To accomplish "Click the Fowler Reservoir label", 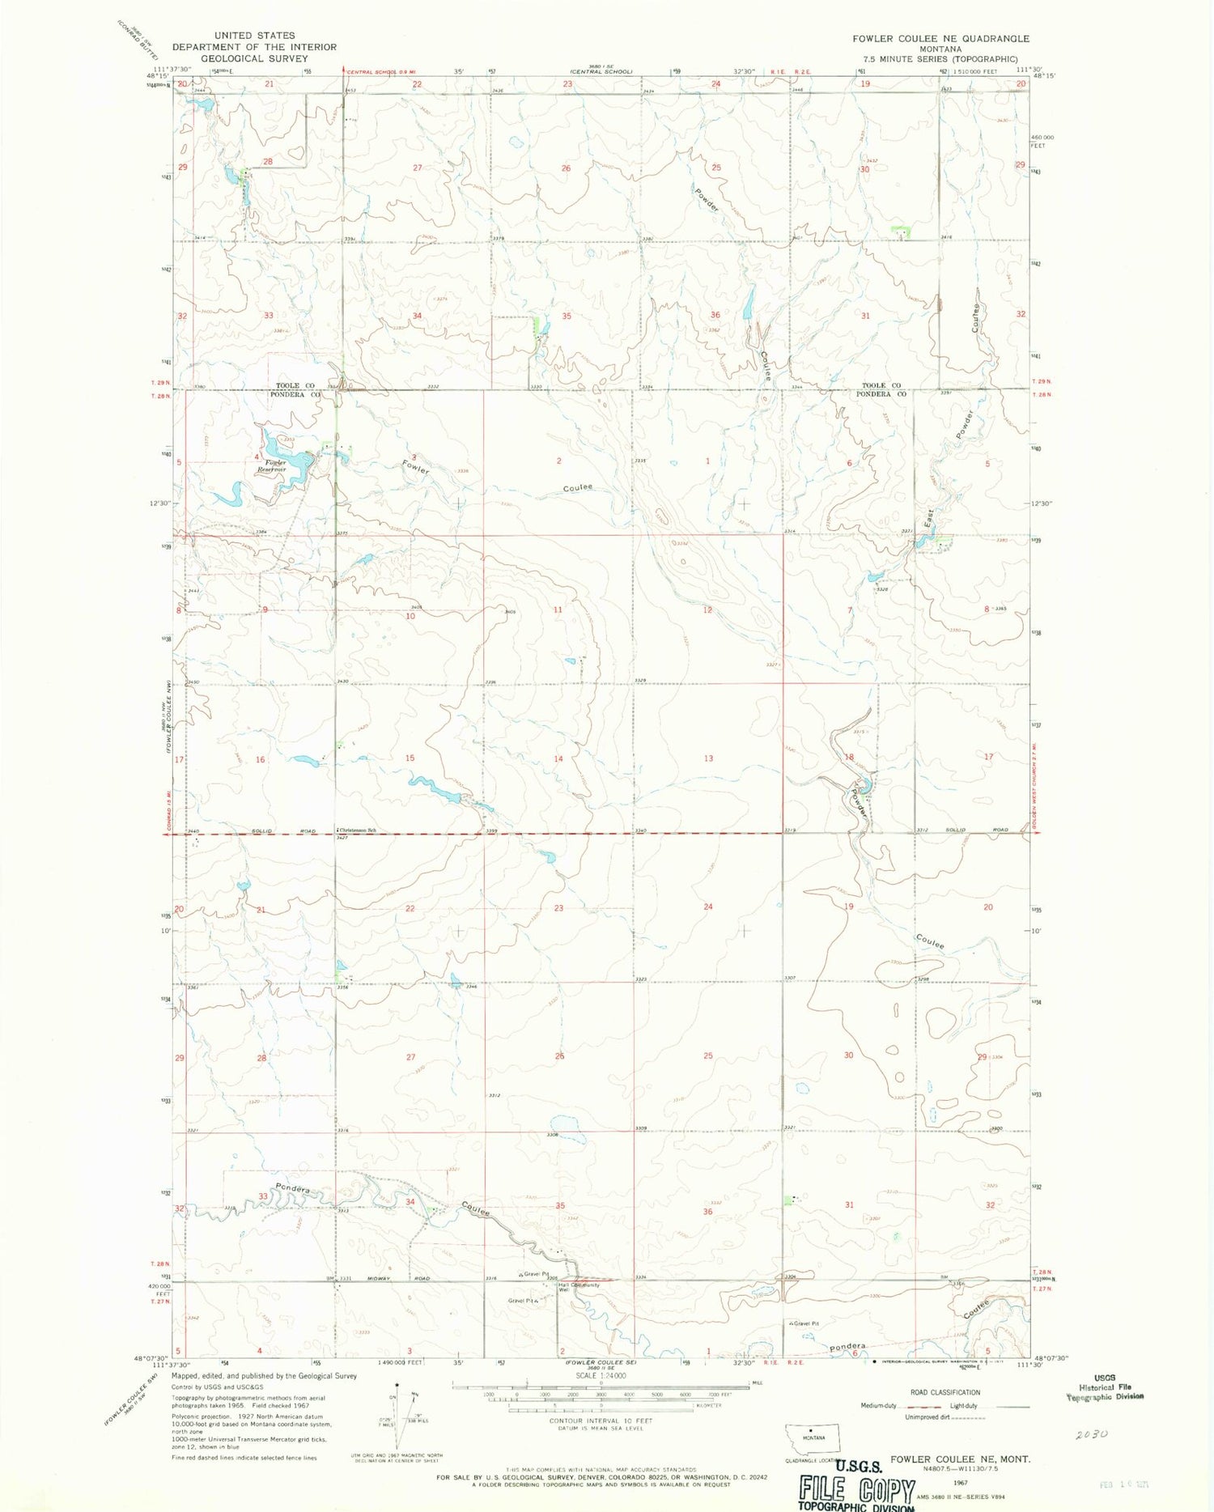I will tap(272, 465).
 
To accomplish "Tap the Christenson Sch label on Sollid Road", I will tap(358, 830).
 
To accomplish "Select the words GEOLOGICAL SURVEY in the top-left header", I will tap(254, 58).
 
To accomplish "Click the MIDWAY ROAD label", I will tap(393, 1278).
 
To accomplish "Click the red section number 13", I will tap(708, 758).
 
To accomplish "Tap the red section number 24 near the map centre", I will tap(708, 907).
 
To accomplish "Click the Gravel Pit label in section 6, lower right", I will tap(806, 1323).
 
